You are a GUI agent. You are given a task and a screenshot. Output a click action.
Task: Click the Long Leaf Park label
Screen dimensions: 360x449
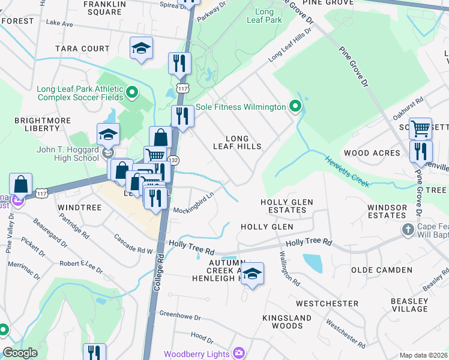[x=264, y=16]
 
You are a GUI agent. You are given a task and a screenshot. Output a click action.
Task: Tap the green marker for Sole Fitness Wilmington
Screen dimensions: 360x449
[x=295, y=107]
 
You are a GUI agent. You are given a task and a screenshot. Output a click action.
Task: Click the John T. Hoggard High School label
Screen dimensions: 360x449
[x=68, y=154]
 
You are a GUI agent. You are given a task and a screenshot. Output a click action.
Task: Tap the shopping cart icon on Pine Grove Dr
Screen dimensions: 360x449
[x=420, y=128]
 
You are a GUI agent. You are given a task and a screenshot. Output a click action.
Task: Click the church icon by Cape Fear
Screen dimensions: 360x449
[x=408, y=230]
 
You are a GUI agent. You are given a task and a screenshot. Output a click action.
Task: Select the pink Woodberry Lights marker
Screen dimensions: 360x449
[x=240, y=353]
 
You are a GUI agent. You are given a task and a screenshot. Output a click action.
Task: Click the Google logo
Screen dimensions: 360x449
[x=20, y=353]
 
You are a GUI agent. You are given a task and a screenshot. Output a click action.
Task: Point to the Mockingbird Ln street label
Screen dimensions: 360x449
[x=194, y=204]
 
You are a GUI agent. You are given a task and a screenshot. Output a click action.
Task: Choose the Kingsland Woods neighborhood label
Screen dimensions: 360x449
[x=287, y=322]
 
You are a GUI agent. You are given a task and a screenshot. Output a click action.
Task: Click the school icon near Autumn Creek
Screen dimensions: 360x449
[x=252, y=274]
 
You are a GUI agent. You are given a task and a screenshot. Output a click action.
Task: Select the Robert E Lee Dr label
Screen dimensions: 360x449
[x=80, y=263]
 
